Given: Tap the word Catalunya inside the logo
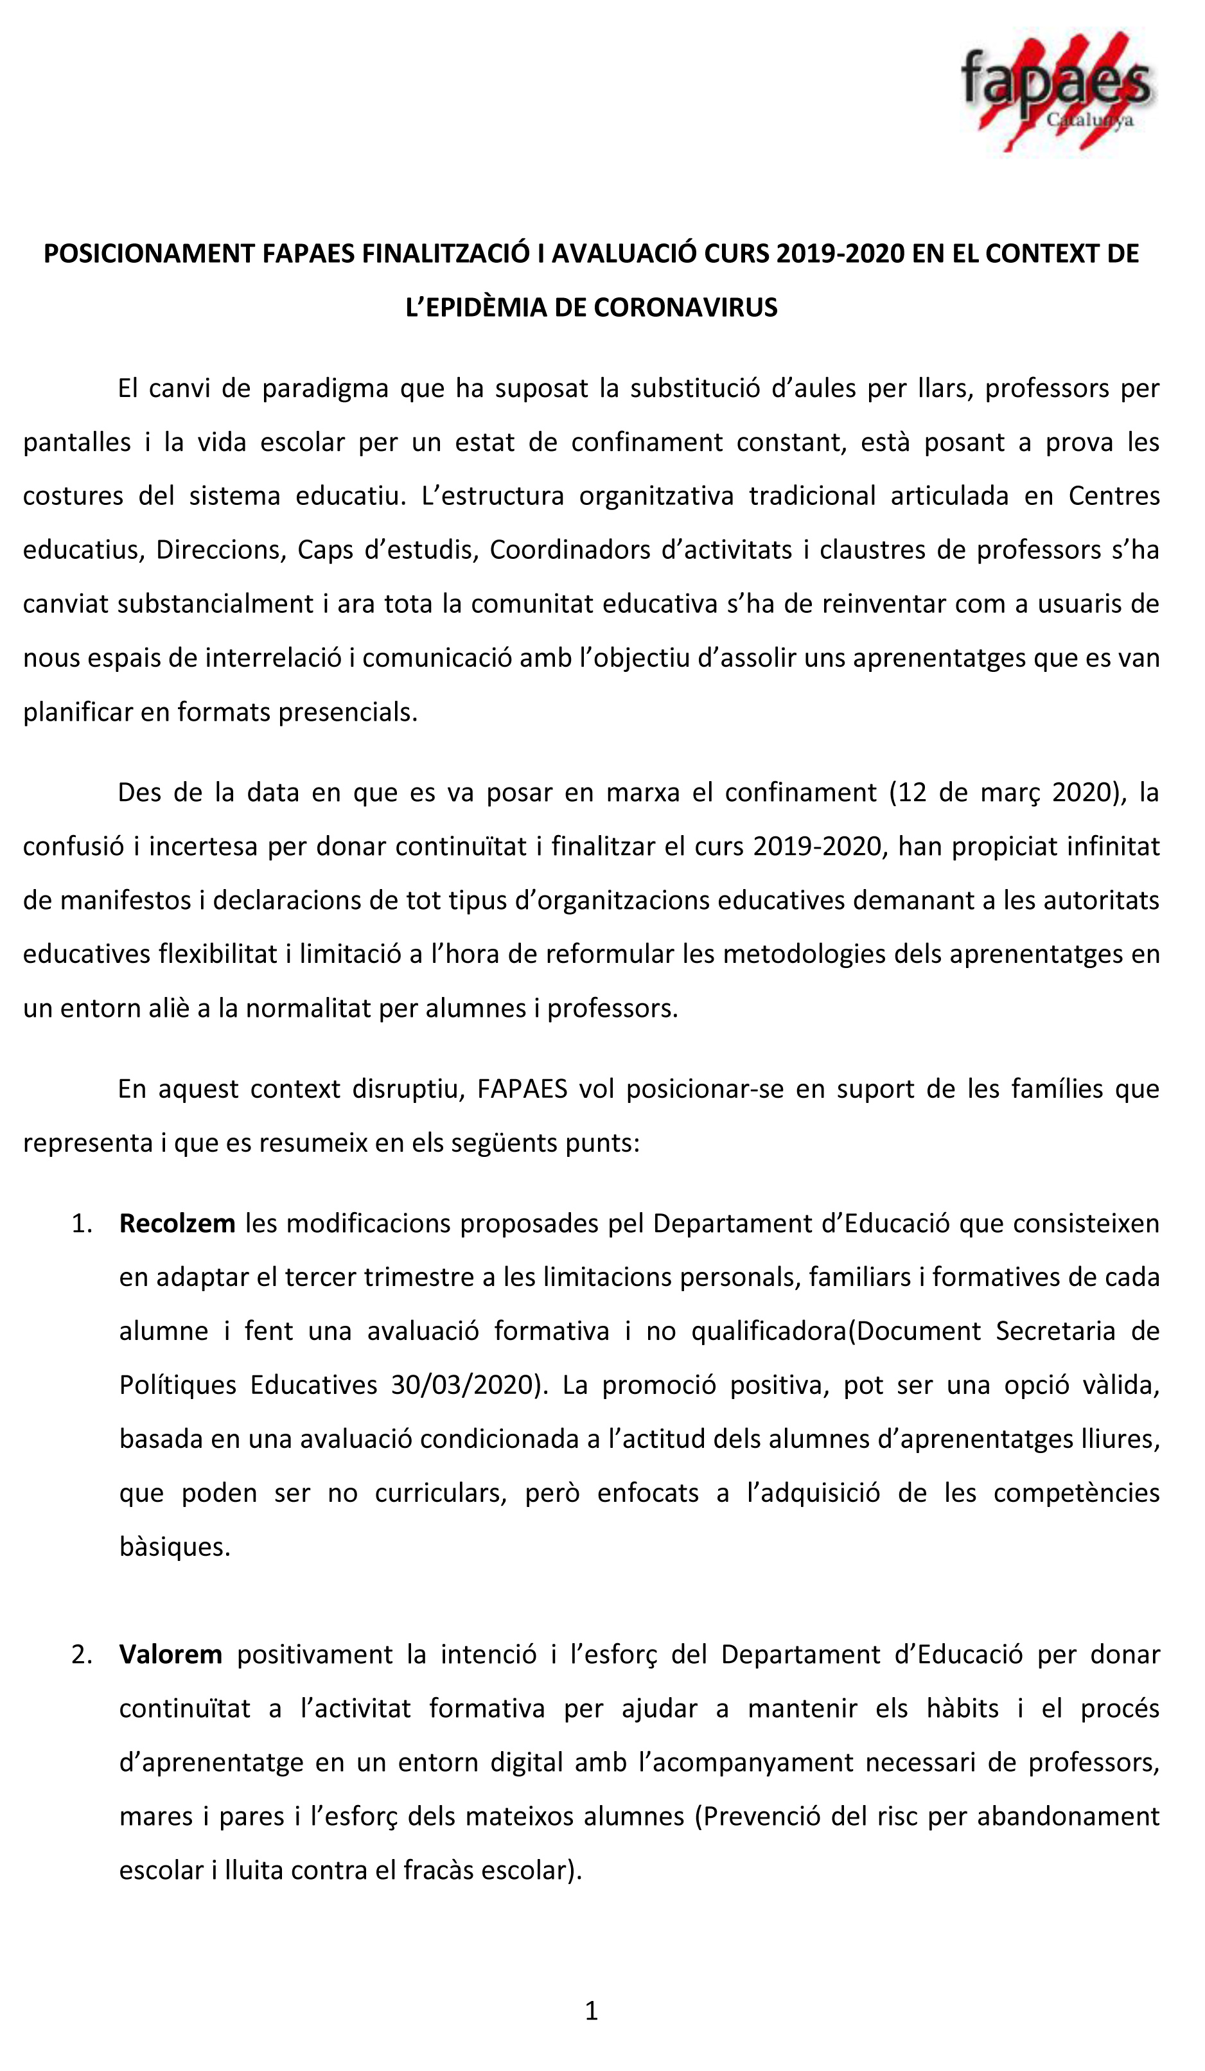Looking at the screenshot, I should point(1089,120).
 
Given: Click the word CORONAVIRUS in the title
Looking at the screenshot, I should point(685,307).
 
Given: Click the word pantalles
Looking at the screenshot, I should point(76,442).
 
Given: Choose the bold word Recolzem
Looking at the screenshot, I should point(177,1224).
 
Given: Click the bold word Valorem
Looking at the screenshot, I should point(170,1654).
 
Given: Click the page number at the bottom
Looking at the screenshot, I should point(591,2011).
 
